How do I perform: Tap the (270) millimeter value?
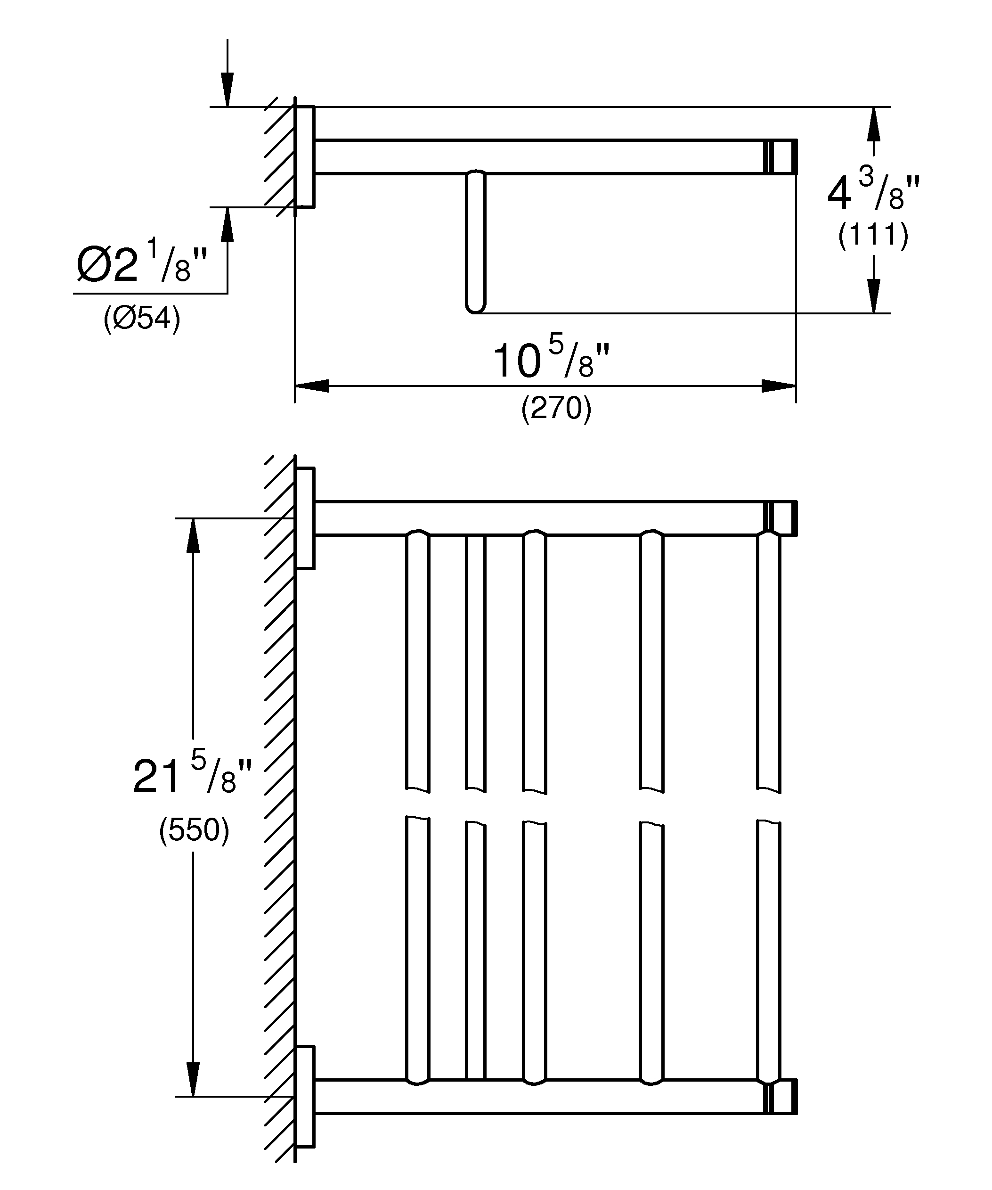[556, 408]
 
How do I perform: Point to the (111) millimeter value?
[873, 234]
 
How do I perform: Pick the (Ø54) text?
[142, 318]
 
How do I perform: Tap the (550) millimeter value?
[194, 830]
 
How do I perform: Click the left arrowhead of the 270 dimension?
[311, 386]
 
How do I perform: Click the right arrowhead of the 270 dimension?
[779, 386]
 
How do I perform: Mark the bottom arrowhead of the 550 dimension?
[193, 1080]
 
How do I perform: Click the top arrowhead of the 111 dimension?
[874, 123]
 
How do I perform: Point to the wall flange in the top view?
[305, 157]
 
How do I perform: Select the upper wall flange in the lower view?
[305, 518]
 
